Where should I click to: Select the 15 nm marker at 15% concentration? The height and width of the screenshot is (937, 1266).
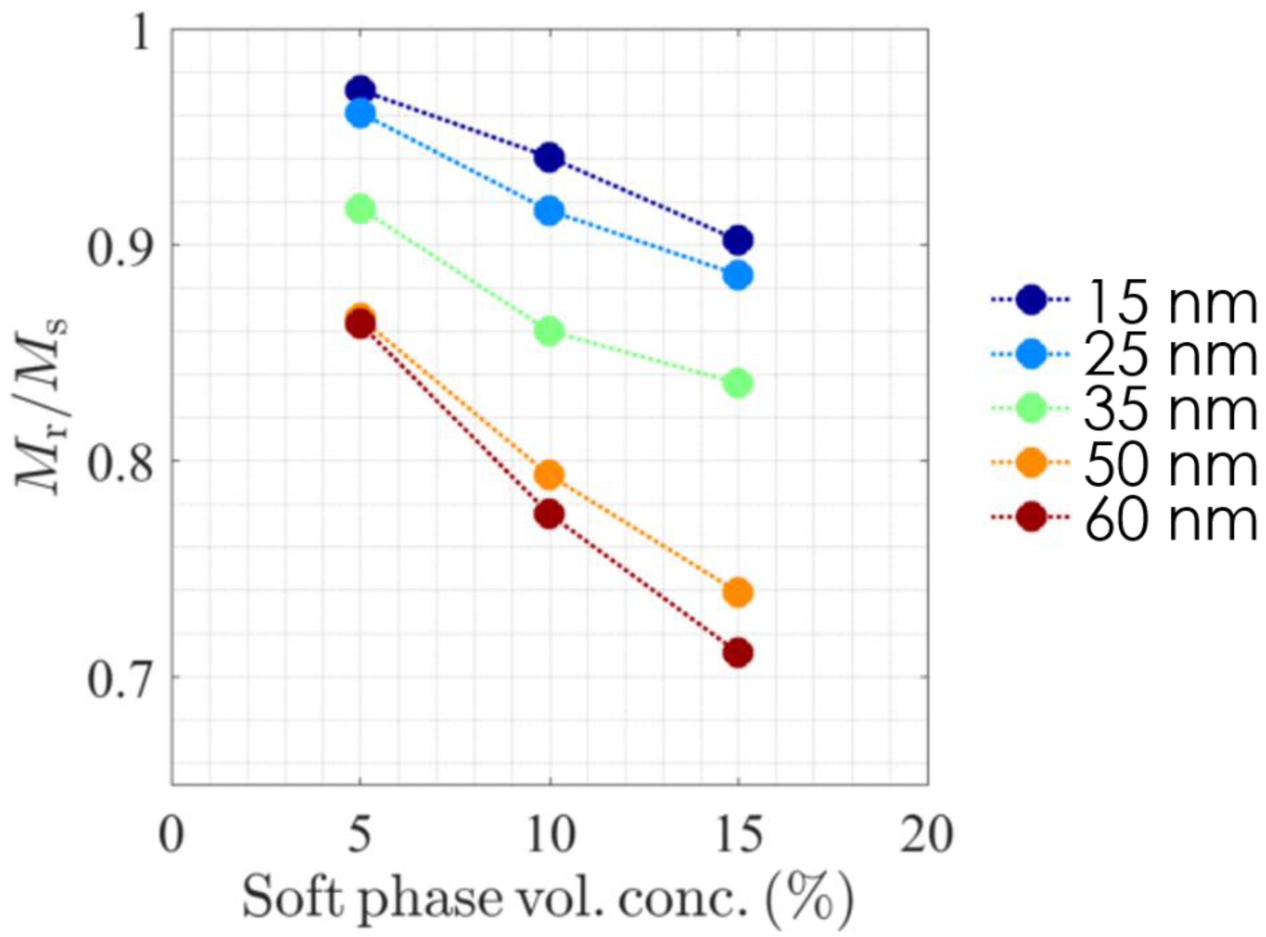coord(738,240)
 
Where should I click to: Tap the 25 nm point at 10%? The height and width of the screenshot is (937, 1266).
coord(549,211)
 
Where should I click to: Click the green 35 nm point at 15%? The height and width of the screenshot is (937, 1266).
coord(738,384)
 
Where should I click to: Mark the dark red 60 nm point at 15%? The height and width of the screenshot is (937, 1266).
coord(738,653)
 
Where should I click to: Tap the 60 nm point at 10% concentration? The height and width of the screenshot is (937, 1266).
coord(549,515)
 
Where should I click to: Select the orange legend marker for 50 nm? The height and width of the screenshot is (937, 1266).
coord(1030,463)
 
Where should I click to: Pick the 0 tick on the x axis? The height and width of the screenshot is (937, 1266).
coord(171,835)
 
